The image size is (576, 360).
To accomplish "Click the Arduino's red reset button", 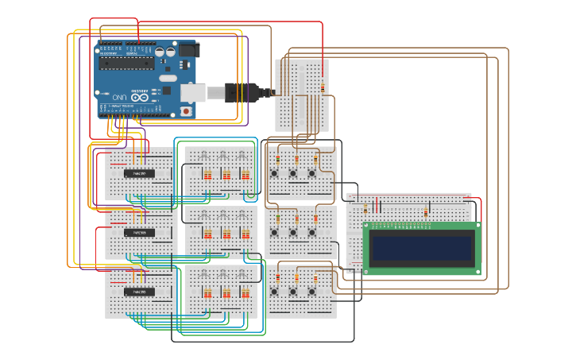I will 186,111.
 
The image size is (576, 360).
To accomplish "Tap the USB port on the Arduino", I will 192,93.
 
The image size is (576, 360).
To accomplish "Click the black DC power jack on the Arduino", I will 187,49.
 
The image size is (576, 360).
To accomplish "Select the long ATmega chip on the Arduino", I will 126,63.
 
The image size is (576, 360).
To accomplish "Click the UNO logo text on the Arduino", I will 119,96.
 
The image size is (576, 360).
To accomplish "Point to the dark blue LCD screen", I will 421,248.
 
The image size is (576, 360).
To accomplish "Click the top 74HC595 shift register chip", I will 139,173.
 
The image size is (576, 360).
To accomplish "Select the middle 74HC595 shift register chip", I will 139,233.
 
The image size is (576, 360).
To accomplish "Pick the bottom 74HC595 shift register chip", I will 139,292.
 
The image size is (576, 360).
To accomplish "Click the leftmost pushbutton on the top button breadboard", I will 274,173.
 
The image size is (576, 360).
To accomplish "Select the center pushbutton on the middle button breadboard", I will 293,233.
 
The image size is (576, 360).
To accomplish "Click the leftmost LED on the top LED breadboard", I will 205,156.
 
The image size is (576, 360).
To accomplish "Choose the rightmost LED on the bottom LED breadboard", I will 243,274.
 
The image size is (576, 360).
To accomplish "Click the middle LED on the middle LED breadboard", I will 224,215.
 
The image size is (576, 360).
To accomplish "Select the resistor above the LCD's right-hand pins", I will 426,211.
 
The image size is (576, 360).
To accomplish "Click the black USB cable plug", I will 243,92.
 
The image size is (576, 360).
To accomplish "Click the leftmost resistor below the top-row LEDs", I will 207,175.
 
